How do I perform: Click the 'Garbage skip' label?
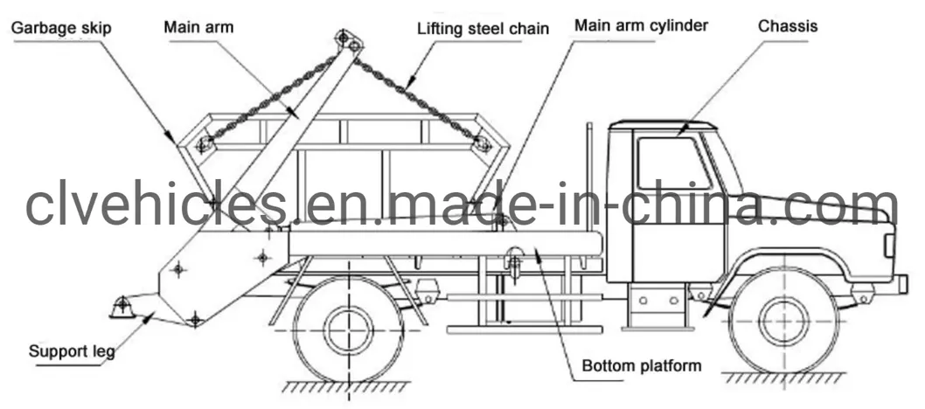pyautogui.click(x=62, y=29)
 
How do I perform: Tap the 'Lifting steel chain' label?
pyautogui.click(x=483, y=29)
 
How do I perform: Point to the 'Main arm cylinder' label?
pyautogui.click(x=641, y=25)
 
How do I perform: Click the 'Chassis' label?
pyautogui.click(x=788, y=26)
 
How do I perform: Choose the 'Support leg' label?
pyautogui.click(x=72, y=352)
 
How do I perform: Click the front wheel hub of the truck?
pyautogui.click(x=782, y=321)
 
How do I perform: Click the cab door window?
pyautogui.click(x=672, y=163)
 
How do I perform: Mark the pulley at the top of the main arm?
pyautogui.click(x=347, y=40)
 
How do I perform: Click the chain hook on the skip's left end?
pyautogui.click(x=205, y=144)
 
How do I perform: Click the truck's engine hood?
pyautogui.click(x=822, y=210)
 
